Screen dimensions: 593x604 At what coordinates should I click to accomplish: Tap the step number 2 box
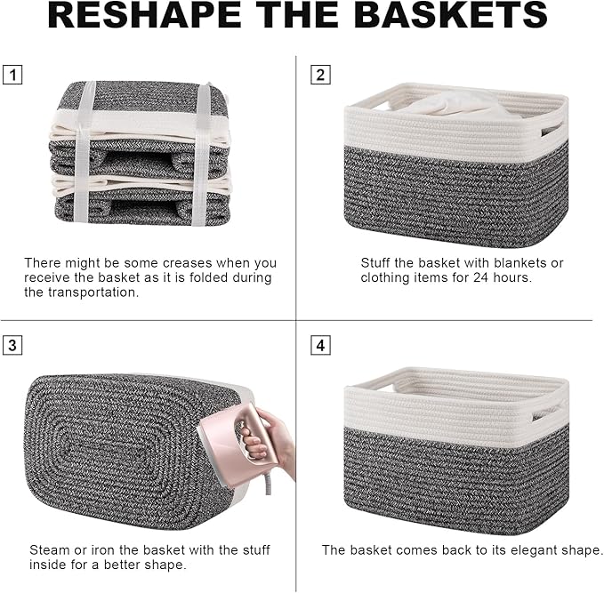tap(320, 75)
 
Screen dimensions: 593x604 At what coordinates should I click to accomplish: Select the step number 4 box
tap(320, 345)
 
